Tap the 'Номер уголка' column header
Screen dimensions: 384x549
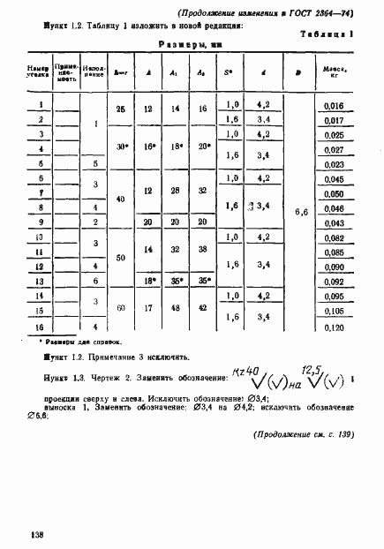[39, 71]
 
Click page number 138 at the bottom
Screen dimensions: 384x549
[36, 535]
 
